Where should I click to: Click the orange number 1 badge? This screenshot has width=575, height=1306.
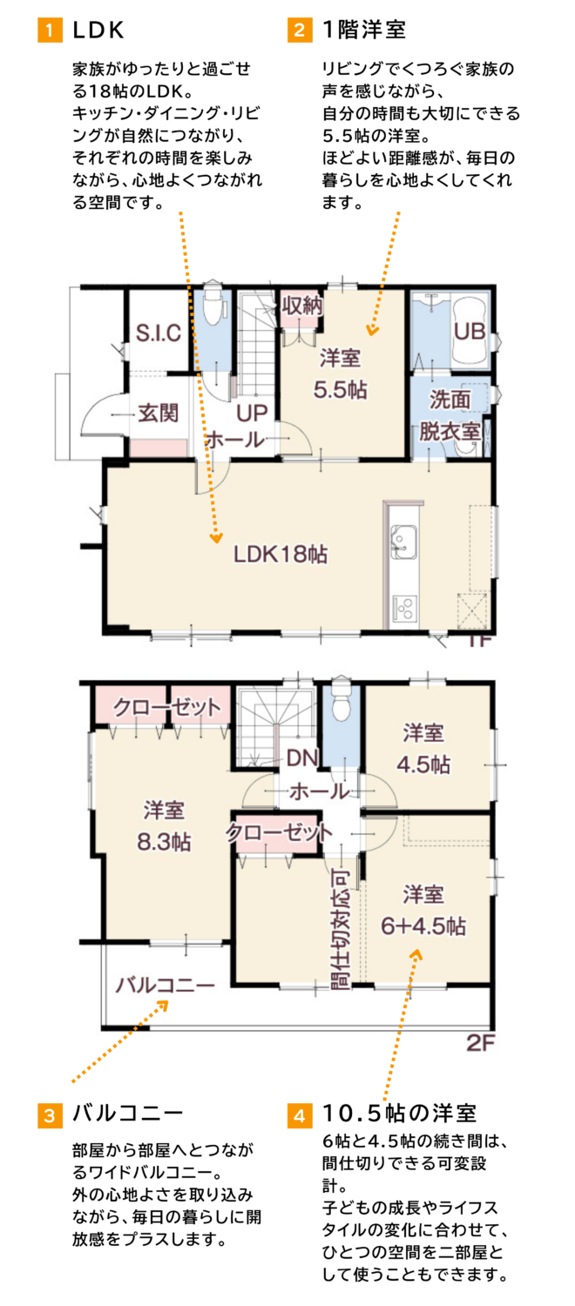coord(51,30)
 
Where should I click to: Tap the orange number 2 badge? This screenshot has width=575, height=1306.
coord(299,30)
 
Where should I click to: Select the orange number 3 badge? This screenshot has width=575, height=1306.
coord(51,1115)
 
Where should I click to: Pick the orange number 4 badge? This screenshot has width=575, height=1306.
coord(299,1115)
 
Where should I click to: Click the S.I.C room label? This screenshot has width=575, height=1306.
coord(158,333)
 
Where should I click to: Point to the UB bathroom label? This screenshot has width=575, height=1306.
coord(470,331)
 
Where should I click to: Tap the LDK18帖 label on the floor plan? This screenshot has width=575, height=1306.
coord(281,554)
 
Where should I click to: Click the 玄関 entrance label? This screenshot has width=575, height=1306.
coord(158,414)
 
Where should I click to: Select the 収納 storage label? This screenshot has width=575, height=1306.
coord(302,305)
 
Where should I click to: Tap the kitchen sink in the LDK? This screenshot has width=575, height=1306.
coord(403,541)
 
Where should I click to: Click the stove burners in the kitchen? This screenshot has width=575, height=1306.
coord(403,607)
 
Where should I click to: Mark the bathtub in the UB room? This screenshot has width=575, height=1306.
coord(470,331)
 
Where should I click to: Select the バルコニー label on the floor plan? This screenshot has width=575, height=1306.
coord(165,986)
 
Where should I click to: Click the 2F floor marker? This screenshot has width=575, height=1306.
coord(481,1043)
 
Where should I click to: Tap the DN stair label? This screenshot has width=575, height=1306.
coord(302,758)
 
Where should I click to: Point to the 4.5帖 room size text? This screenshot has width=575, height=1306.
coord(423,764)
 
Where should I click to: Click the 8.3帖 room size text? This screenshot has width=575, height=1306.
coord(164,842)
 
